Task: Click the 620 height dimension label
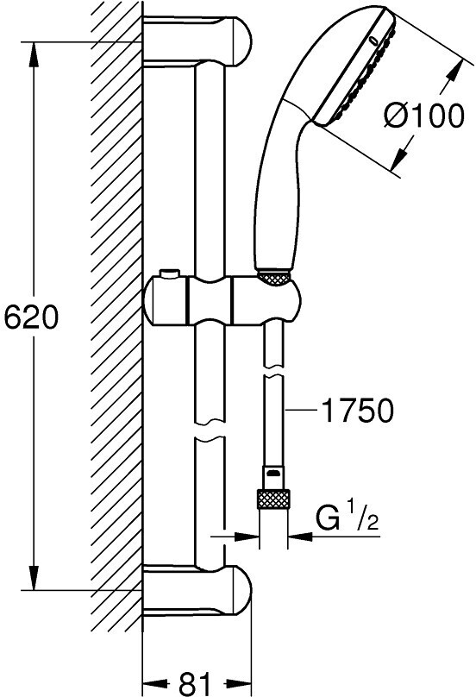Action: coord(31,317)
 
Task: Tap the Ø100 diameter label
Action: coord(423,116)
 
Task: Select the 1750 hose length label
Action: coord(358,410)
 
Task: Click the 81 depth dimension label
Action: coord(196,682)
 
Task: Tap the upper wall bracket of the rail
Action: coord(197,41)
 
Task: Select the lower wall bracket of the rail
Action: coord(197,591)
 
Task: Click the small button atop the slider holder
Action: coord(169,273)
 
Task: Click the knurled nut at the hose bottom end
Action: coord(273,499)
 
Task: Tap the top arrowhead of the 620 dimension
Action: coord(34,55)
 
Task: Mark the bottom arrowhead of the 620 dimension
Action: coord(34,577)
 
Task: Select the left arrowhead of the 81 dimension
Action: coord(156,682)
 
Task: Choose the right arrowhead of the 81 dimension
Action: coord(238,682)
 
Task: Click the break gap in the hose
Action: coord(273,371)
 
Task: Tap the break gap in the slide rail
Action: coord(210,430)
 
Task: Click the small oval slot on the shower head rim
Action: coord(373,41)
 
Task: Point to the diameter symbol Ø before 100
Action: coord(395,116)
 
